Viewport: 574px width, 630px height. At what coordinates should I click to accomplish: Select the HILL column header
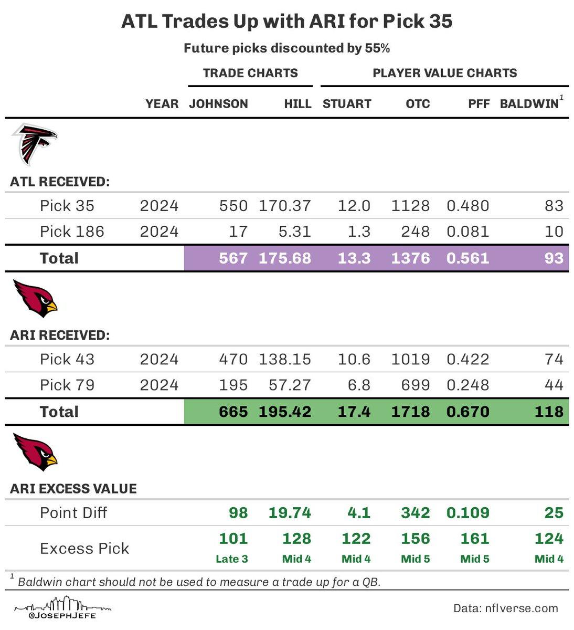[297, 104]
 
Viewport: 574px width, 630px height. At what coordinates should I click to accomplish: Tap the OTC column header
[418, 104]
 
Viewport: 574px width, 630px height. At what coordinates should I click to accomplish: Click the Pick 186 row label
[72, 232]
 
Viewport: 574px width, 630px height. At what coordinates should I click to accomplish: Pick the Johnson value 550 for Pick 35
[233, 206]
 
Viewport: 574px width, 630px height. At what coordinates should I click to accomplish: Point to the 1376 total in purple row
[410, 258]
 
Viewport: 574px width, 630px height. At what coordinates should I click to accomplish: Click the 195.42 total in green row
[285, 412]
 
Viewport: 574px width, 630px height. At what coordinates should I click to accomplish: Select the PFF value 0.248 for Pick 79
[467, 385]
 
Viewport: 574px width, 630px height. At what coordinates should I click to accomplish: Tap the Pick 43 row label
[67, 360]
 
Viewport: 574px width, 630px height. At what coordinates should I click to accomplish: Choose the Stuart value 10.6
[354, 360]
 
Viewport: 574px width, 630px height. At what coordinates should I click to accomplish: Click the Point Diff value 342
[415, 513]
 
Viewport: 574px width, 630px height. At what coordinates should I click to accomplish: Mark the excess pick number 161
[474, 539]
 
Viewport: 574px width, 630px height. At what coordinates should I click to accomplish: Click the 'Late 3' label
[231, 559]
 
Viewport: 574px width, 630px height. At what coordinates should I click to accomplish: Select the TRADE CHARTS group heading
[250, 73]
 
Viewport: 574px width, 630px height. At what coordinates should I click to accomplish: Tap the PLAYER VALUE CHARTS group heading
[444, 73]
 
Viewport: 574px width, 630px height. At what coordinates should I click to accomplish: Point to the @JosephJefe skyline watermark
[63, 607]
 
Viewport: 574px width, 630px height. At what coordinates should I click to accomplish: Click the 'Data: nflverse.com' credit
[505, 608]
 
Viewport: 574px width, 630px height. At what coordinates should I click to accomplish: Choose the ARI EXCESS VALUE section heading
[73, 489]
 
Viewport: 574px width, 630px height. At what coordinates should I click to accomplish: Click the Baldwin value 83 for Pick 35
[554, 206]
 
